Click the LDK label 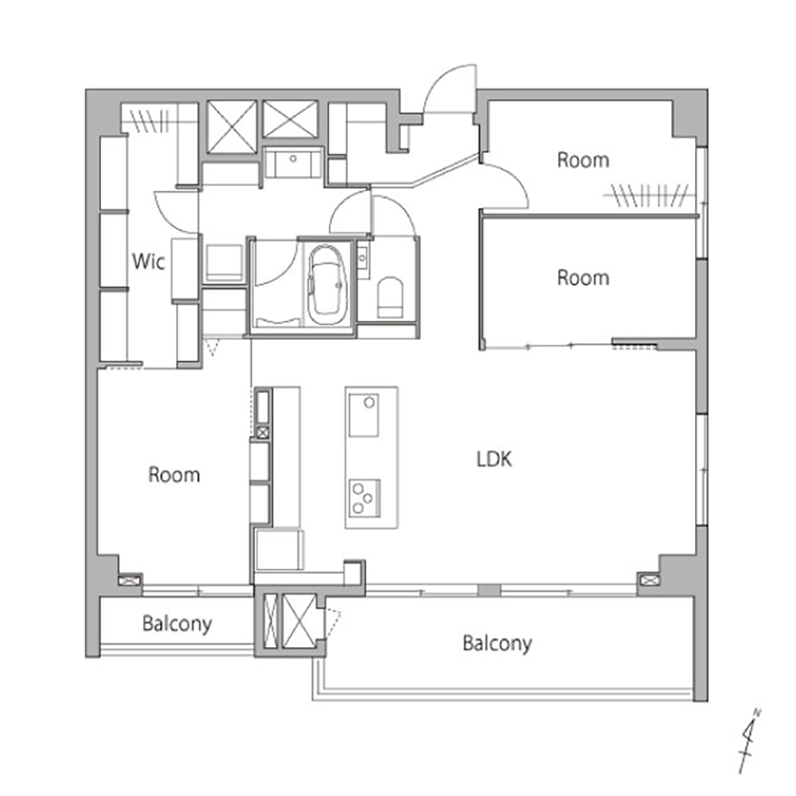(x=494, y=459)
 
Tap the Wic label (x=148, y=261)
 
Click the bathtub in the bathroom (x=326, y=285)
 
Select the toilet (x=390, y=297)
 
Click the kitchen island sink (x=364, y=415)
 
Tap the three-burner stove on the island (x=365, y=498)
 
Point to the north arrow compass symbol (x=750, y=740)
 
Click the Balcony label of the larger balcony (x=497, y=644)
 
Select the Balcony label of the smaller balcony (x=177, y=624)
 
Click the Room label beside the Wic (x=174, y=474)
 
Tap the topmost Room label (x=583, y=160)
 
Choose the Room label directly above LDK (x=583, y=278)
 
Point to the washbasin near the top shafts (x=293, y=162)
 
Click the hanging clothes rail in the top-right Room (x=646, y=195)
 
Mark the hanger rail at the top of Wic (x=150, y=121)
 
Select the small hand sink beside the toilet (x=362, y=259)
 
